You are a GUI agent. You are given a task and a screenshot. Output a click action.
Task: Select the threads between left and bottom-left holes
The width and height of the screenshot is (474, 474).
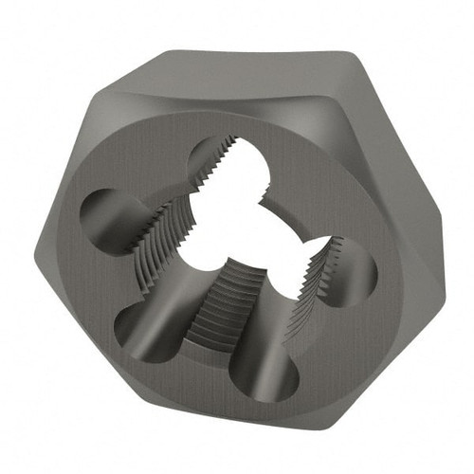click(152, 261)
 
